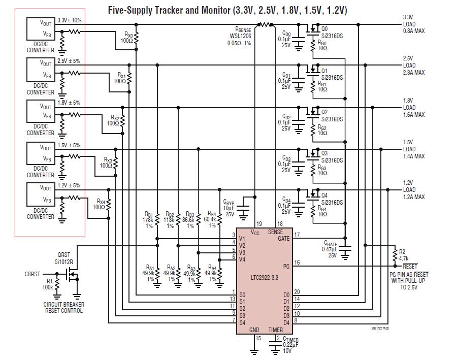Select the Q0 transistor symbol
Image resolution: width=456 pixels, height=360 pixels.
pyautogui.click(x=310, y=29)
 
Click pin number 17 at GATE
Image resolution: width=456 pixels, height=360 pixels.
pyautogui.click(x=297, y=234)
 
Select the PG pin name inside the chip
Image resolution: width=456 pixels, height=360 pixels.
pyautogui.click(x=286, y=266)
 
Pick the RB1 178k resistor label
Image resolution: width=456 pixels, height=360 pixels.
pyautogui.click(x=149, y=220)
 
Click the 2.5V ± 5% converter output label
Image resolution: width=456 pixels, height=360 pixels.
pyautogui.click(x=69, y=61)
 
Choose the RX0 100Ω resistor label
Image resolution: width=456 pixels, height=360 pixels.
pyautogui.click(x=127, y=38)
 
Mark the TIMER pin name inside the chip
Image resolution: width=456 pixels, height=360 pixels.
pyautogui.click(x=276, y=330)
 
